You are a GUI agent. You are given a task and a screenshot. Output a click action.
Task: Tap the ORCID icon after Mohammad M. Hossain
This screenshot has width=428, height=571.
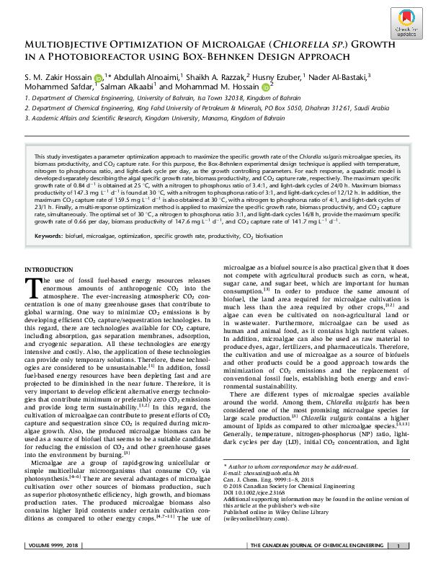264,88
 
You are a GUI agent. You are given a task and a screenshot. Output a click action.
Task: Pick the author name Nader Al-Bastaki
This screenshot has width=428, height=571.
337,76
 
